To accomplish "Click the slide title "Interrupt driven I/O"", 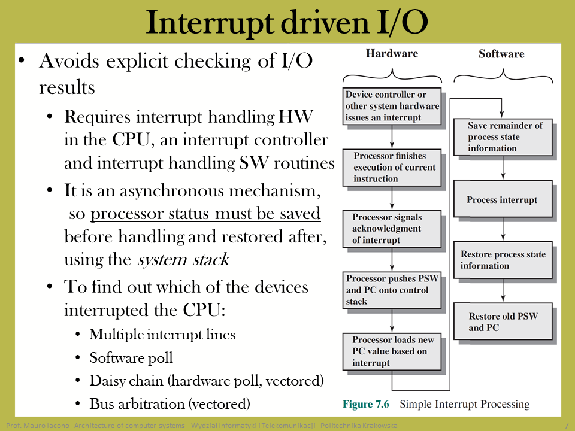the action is click(287, 23).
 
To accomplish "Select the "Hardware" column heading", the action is click(392, 53).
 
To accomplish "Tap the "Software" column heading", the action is click(501, 54).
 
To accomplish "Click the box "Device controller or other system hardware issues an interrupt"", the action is click(392, 106).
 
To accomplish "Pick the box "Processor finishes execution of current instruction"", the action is click(392, 168).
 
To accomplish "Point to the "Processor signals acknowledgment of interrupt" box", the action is click(392, 229).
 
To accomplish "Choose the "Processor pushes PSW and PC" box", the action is click(392, 290).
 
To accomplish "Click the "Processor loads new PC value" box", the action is click(392, 351).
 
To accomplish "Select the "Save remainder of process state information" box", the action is click(503, 137).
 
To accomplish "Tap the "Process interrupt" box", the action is click(503, 199).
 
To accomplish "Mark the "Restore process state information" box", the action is click(503, 260).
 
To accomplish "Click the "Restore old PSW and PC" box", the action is click(503, 321).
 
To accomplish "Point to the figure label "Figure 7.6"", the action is click(365, 404).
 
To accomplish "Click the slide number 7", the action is click(567, 426).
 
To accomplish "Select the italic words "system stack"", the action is click(183, 259).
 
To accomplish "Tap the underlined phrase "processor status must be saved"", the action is click(205, 214).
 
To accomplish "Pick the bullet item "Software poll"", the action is click(131, 358).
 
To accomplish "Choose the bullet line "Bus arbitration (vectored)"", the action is click(170, 404).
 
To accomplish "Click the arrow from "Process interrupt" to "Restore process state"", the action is click(503, 229).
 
